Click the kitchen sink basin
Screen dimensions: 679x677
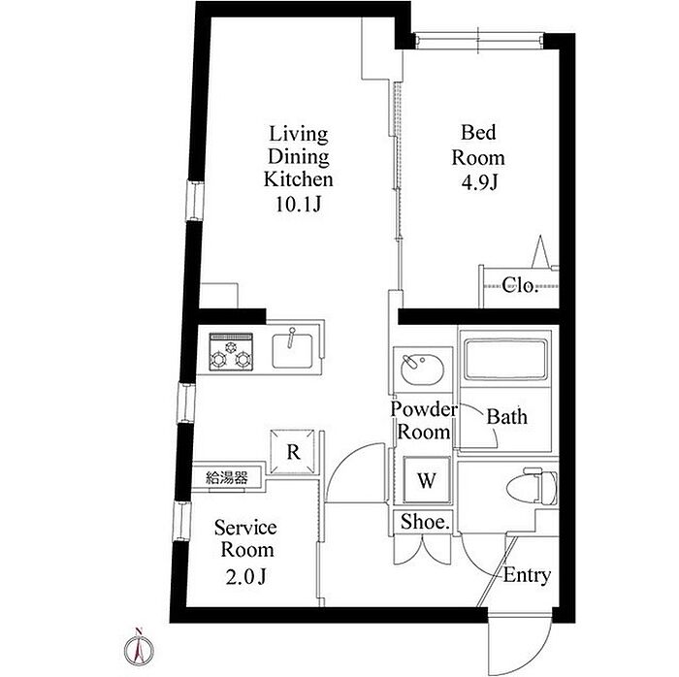292,350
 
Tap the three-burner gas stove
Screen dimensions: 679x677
231,351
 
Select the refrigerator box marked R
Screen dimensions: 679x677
292,451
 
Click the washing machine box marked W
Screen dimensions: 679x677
427,480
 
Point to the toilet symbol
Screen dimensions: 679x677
540,485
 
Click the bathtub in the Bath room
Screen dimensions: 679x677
505,358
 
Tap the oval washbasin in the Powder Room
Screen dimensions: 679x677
422,369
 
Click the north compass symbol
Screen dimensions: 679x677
139,647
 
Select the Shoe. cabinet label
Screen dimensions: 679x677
425,522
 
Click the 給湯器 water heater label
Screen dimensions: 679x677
226,478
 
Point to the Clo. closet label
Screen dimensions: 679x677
520,285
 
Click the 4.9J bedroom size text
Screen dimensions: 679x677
479,183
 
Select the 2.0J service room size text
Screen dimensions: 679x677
245,576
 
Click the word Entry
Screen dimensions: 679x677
527,575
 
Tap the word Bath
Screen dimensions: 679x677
507,416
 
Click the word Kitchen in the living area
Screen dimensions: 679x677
299,178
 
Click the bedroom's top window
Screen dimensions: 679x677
478,41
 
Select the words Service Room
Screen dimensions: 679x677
246,539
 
